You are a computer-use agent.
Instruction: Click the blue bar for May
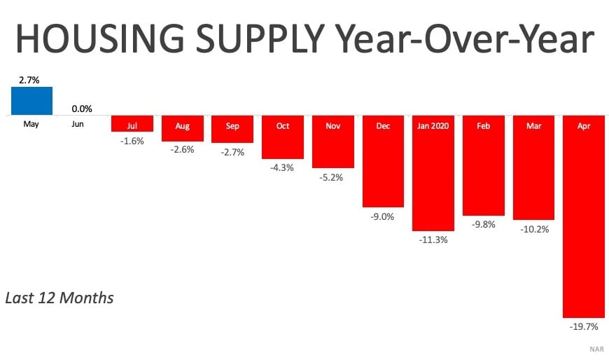coord(31,101)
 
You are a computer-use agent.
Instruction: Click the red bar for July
coord(132,123)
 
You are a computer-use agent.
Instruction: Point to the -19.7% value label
coord(584,327)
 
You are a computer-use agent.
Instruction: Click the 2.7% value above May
coord(29,81)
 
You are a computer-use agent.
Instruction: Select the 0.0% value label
coord(81,109)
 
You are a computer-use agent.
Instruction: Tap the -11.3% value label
coord(433,240)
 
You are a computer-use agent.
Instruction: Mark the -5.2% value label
coord(332,177)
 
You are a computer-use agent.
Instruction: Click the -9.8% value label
coord(483,225)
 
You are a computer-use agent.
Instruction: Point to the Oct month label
coord(283,126)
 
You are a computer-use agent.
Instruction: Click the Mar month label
coord(533,126)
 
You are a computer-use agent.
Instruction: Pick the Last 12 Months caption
coord(59,298)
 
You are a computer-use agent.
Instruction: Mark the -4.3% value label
coord(283,168)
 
